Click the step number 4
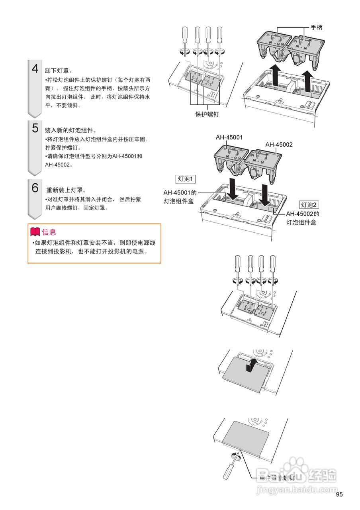35,68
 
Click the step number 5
35,128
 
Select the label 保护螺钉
207,114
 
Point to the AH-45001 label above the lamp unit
229,137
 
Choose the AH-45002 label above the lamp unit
279,145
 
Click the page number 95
339,494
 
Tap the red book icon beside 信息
35,232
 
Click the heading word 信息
49,232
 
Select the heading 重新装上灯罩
66,190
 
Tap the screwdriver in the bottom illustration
231,466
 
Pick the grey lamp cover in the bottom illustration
245,437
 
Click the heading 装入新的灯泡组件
70,130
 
